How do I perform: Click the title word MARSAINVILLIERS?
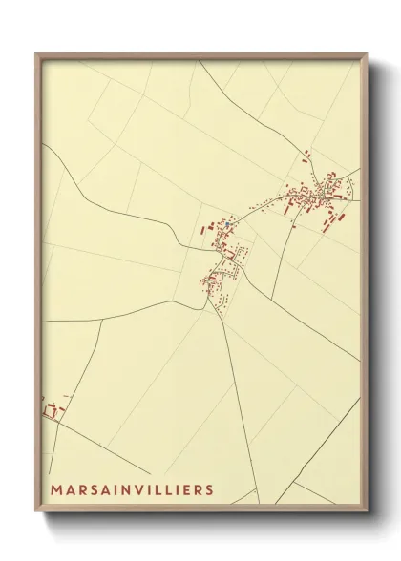[133, 489]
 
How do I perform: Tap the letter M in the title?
[56, 489]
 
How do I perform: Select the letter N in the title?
[123, 489]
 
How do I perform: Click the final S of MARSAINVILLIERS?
[209, 489]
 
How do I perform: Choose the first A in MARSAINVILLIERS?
[71, 489]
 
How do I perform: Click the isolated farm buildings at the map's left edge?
[51, 410]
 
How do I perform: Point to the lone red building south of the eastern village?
[329, 222]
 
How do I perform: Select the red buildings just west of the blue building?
[206, 229]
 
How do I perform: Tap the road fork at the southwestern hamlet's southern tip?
[207, 305]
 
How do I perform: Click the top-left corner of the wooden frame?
[37, 54]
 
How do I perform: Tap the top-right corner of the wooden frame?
[367, 54]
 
